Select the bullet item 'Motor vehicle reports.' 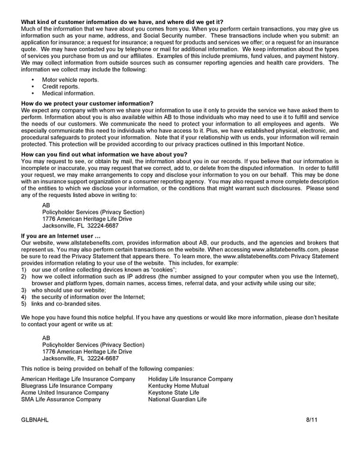70,79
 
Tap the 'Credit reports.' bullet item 61,86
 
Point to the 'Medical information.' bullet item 68,94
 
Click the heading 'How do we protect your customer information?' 87,103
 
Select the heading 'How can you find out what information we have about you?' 104,154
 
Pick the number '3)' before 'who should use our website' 24,290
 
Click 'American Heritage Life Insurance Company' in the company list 78,379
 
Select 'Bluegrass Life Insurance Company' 67,386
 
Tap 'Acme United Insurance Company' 65,393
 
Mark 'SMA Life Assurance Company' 61,399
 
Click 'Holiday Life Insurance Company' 190,379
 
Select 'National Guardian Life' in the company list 177,399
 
